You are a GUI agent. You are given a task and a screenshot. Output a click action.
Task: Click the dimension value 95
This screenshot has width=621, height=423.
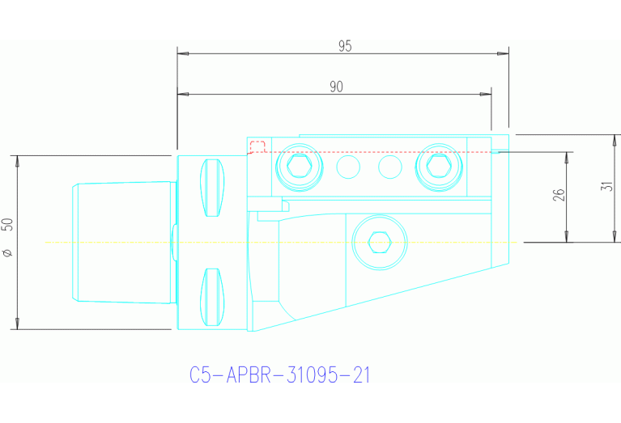(x=345, y=46)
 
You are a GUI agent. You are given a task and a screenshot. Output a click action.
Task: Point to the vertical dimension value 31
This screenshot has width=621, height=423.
(x=607, y=186)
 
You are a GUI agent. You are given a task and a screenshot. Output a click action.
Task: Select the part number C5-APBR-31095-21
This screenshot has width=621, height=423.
(x=280, y=375)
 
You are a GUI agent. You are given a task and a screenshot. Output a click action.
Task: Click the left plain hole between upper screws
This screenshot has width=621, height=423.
(x=348, y=167)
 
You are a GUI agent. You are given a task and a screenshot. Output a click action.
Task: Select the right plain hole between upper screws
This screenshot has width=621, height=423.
(x=390, y=167)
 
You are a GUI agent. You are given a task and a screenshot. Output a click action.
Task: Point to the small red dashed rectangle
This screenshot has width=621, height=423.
(x=257, y=146)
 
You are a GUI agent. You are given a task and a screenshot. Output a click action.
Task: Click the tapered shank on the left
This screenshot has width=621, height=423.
(x=121, y=242)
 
